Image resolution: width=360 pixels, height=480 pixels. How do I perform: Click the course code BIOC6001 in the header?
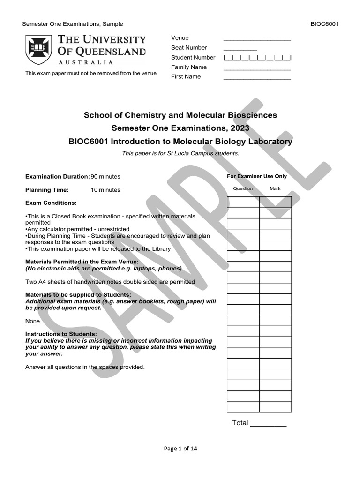[324, 24]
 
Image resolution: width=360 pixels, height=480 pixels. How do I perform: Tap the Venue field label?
[180, 38]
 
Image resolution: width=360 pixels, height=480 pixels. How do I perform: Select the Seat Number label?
[189, 48]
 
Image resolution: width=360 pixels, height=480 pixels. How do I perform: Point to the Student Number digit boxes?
[257, 58]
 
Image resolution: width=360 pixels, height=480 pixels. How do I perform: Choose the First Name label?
[186, 77]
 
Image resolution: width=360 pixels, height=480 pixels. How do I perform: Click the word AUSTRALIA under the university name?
[85, 62]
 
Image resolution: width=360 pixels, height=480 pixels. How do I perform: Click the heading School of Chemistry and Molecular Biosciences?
[180, 115]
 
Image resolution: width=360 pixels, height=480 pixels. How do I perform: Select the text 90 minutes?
[105, 177]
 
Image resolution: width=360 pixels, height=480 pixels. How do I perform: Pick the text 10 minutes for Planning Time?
[105, 190]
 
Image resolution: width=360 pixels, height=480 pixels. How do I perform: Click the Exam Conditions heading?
[51, 203]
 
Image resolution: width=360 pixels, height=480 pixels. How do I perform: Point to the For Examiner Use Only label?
[257, 177]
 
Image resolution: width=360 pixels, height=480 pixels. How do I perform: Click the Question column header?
[243, 188]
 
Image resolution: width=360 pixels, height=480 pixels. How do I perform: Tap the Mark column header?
[275, 188]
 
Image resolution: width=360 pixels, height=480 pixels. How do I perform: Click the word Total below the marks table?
[240, 423]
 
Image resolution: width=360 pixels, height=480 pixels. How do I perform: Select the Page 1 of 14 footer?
[180, 449]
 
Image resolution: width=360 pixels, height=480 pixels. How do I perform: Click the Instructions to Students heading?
[61, 334]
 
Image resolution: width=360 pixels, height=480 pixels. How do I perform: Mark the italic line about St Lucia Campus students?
[180, 153]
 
